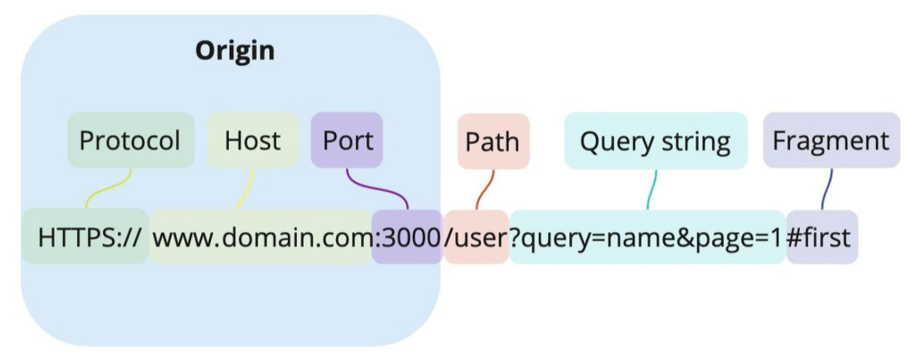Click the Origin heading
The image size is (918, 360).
click(x=235, y=52)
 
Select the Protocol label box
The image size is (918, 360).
click(x=131, y=140)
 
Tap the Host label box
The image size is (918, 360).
click(x=252, y=140)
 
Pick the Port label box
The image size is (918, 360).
click(x=347, y=140)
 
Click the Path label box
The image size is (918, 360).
click(x=493, y=142)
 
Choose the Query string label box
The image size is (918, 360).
click(x=656, y=141)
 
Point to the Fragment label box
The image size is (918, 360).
click(x=831, y=140)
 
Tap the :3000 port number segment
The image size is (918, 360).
click(x=407, y=237)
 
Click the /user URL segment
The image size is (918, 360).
click(x=476, y=237)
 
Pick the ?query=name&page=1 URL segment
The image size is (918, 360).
click(x=647, y=237)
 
